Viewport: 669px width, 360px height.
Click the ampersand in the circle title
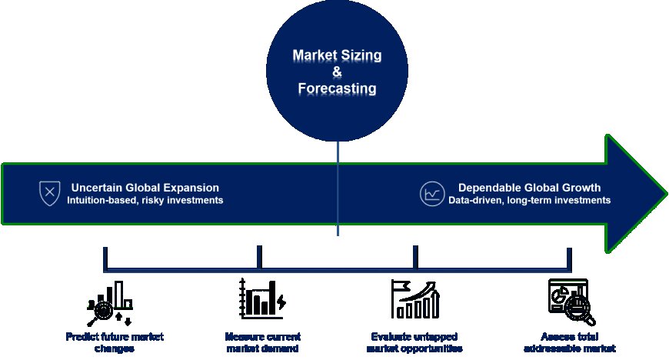(x=337, y=72)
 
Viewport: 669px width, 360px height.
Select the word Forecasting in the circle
(x=337, y=88)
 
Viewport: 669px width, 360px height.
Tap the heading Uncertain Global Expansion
(x=145, y=188)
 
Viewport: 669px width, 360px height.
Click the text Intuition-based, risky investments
(x=145, y=201)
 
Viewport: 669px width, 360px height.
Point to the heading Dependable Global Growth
(x=529, y=188)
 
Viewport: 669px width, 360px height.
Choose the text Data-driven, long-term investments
(x=529, y=201)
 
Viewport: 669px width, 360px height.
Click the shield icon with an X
(x=49, y=193)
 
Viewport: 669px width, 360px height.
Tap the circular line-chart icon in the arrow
(x=431, y=193)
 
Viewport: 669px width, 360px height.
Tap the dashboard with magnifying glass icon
(x=569, y=299)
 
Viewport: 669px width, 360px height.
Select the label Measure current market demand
(x=262, y=342)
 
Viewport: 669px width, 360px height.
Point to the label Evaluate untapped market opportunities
(x=415, y=342)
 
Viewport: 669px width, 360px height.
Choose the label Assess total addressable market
(x=569, y=342)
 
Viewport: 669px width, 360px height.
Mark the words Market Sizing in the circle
(x=337, y=56)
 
